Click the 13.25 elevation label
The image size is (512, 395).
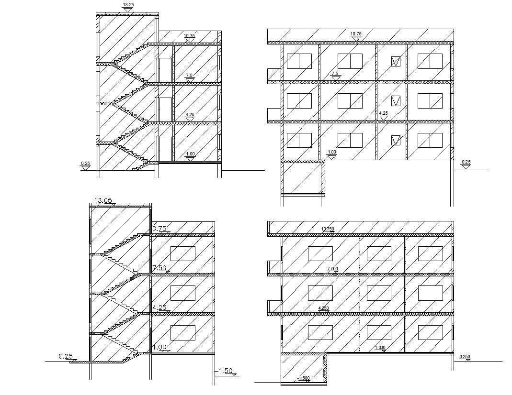(128, 5)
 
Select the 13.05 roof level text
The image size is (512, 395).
(103, 200)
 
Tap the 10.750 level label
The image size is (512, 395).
(328, 229)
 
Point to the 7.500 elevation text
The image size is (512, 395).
(332, 269)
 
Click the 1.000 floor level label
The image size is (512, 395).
(380, 348)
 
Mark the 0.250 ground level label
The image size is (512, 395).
(464, 357)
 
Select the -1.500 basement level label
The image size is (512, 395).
(304, 378)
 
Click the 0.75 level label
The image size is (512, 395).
(159, 229)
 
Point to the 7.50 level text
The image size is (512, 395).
(159, 268)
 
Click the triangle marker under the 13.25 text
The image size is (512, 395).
(128, 9)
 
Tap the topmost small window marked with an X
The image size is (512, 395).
(396, 61)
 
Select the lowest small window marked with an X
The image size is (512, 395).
(396, 140)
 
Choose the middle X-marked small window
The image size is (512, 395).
(396, 101)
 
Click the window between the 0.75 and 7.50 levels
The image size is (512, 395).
(182, 253)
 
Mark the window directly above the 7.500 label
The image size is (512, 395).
(320, 253)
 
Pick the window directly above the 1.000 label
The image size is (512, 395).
(378, 332)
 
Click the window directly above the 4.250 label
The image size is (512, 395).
(320, 293)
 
